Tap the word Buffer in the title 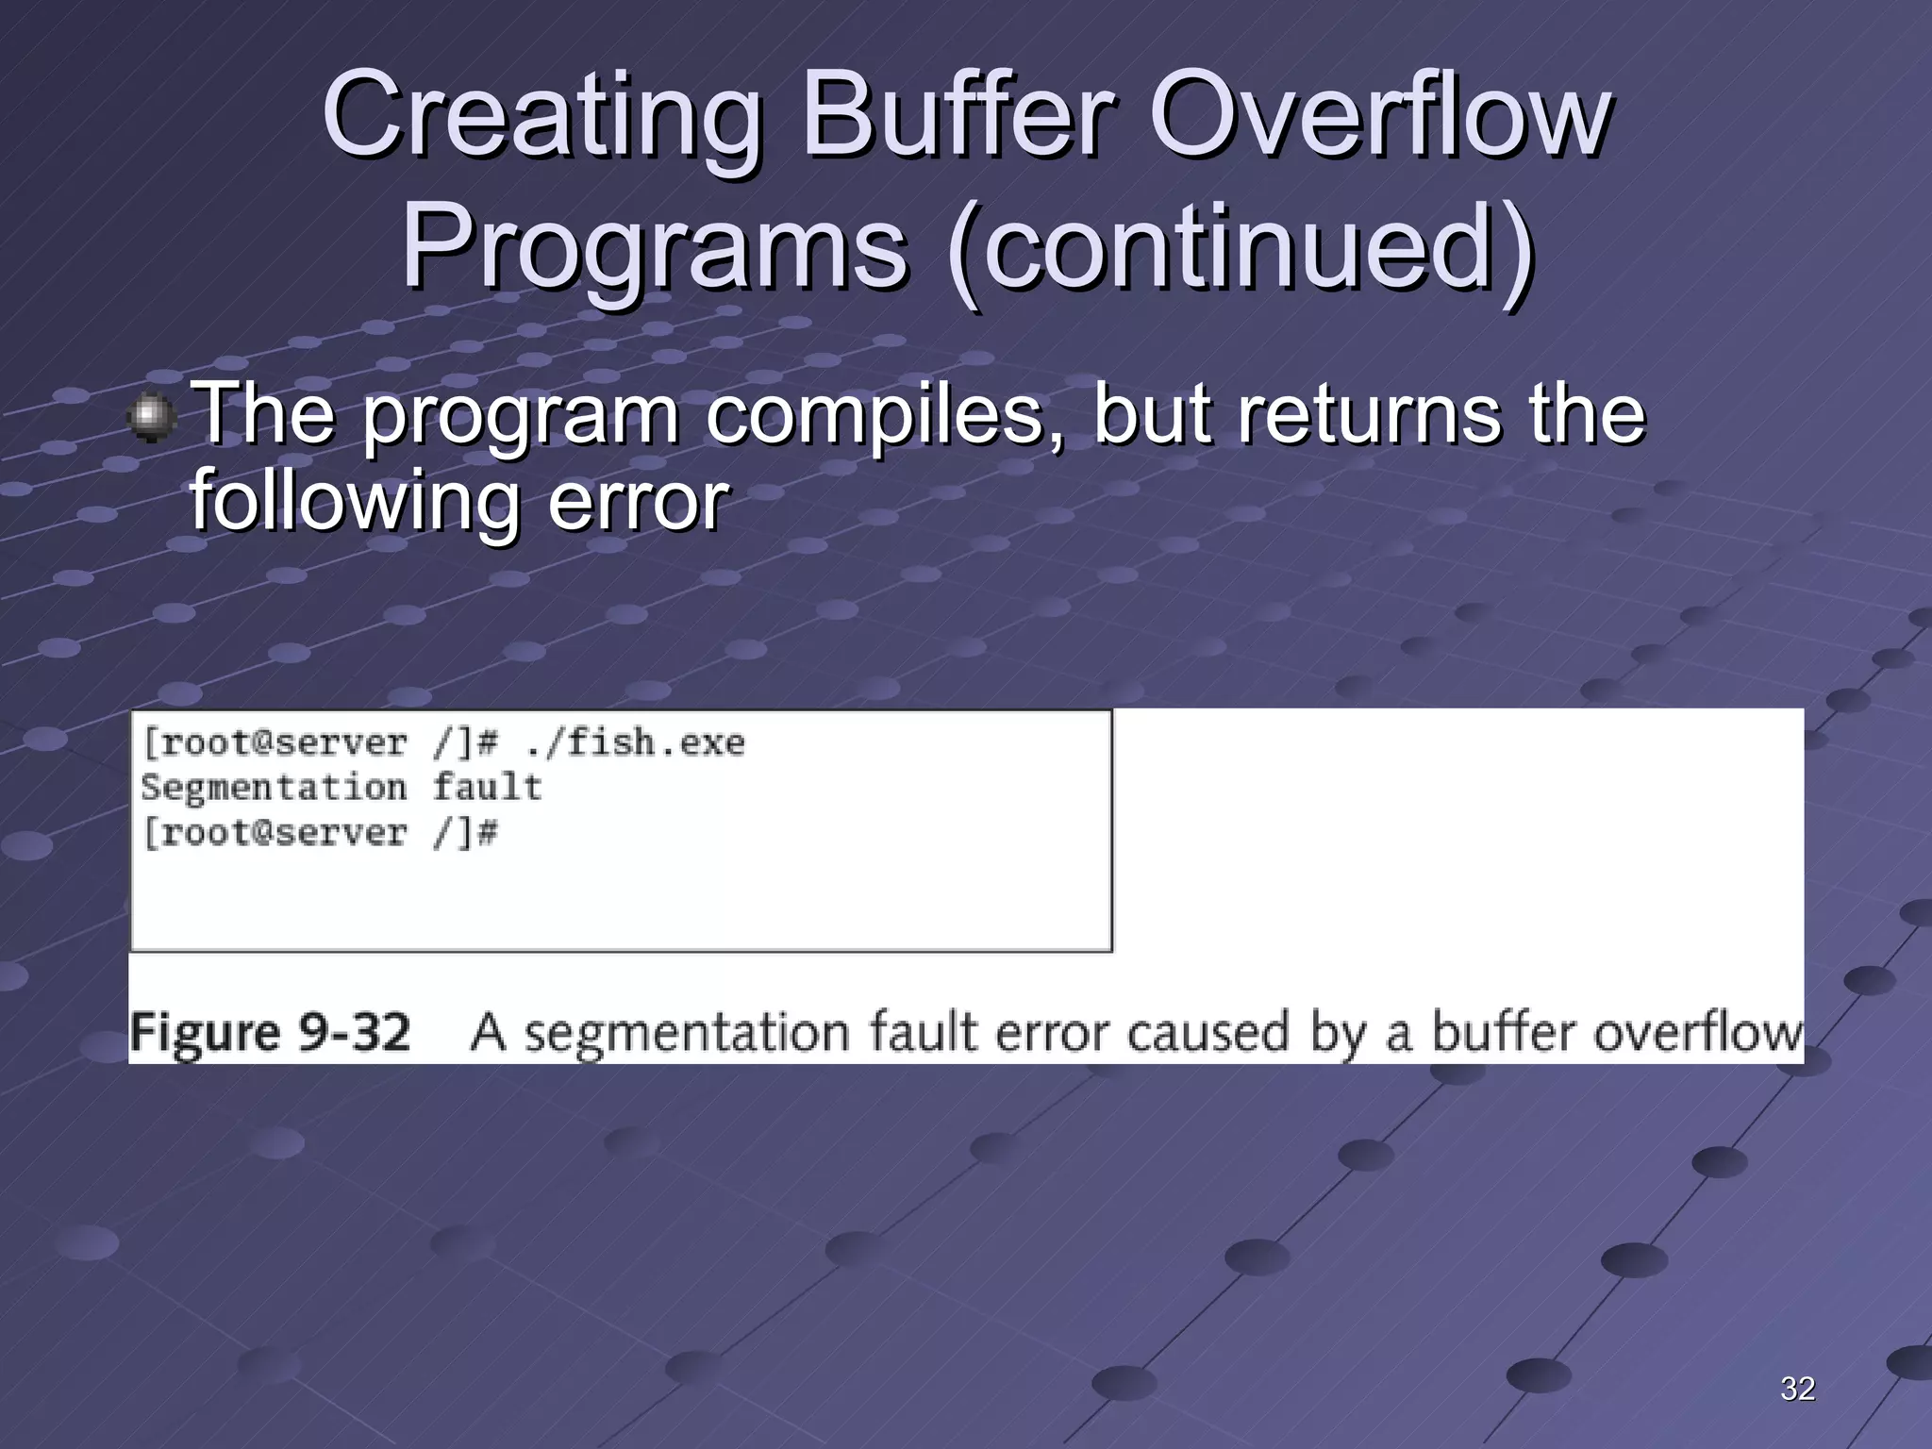(958, 118)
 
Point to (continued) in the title (1240, 250)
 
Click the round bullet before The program (151, 417)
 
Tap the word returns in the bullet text (1368, 415)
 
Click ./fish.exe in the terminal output (635, 743)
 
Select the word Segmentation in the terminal (274, 788)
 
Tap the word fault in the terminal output (487, 788)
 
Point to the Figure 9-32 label (270, 1033)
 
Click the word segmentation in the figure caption (687, 1033)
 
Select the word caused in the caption (1207, 1033)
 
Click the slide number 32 (1797, 1389)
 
